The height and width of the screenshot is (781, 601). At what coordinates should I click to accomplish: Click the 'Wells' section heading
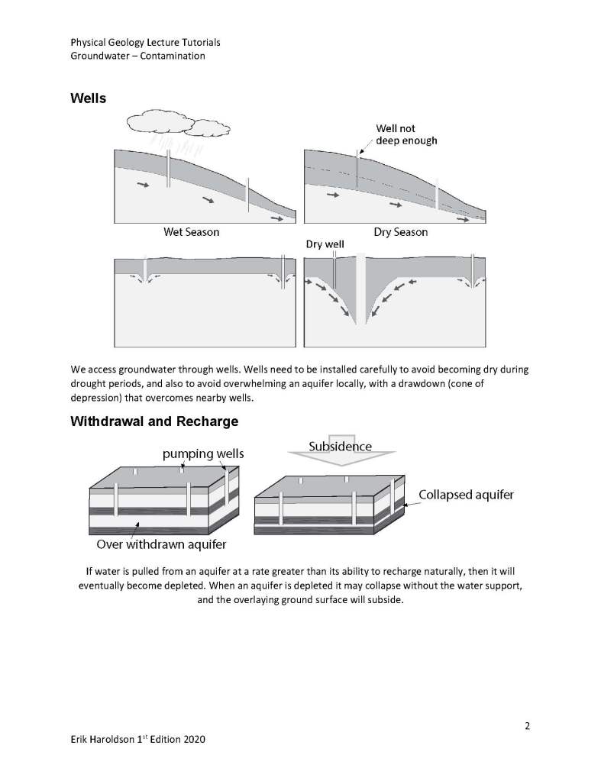click(x=88, y=98)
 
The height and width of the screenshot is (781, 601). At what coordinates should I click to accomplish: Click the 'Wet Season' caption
click(x=191, y=231)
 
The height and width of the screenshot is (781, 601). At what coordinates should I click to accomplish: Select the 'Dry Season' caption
click(x=400, y=231)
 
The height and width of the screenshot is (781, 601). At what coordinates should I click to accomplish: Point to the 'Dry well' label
click(x=325, y=245)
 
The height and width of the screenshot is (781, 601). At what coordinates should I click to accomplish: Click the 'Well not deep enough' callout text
click(x=406, y=134)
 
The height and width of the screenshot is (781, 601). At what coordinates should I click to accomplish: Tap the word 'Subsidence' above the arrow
click(x=340, y=446)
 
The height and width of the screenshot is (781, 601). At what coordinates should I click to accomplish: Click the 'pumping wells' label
click(x=203, y=454)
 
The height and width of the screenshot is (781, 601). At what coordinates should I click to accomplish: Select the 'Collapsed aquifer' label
click(x=466, y=495)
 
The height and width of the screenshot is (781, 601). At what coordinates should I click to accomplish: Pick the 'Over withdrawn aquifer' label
click(x=161, y=545)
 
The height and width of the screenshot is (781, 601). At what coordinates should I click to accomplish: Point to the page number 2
click(x=527, y=725)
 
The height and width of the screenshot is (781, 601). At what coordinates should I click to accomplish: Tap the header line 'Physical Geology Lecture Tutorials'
click(x=145, y=43)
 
